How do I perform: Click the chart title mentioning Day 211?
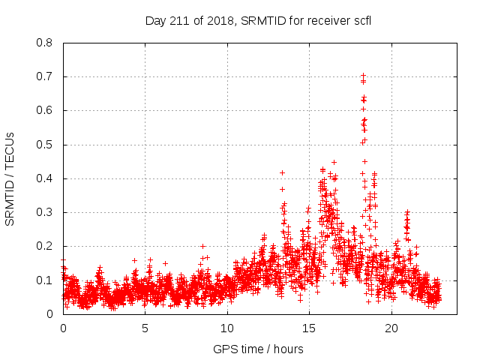258,20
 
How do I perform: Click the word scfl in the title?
361,20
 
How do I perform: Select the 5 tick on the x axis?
145,328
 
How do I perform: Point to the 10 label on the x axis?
226,328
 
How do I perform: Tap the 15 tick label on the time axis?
309,328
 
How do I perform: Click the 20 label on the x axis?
391,328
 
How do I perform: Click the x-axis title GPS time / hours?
258,349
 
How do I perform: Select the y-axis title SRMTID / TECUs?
10,178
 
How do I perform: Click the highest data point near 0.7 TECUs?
363,75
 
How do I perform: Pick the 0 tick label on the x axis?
63,328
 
